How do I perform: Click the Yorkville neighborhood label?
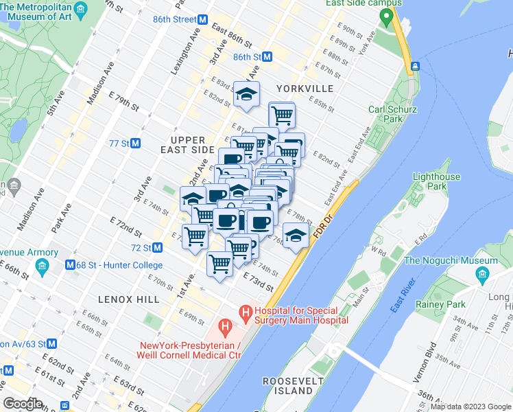click(x=305, y=89)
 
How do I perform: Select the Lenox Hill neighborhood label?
click(x=128, y=299)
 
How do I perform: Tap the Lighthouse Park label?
click(x=436, y=181)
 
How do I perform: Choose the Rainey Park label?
click(x=440, y=304)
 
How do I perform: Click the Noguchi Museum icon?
click(x=481, y=275)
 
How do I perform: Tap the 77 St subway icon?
click(x=136, y=144)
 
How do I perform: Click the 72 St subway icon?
click(x=157, y=247)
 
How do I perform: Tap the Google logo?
click(x=23, y=403)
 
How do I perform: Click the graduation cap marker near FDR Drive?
click(x=296, y=236)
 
